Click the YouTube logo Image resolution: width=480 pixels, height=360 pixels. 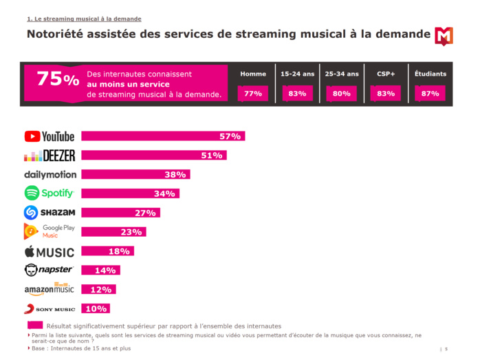coord(50,136)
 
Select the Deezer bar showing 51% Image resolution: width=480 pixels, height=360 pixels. coord(153,156)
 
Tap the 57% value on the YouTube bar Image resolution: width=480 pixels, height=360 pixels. coord(230,136)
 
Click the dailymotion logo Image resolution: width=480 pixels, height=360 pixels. coord(50,175)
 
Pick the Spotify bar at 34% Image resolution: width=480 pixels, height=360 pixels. coord(130,193)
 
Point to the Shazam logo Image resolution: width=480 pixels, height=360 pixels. coord(50,213)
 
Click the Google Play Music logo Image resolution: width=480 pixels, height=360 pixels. coord(50,231)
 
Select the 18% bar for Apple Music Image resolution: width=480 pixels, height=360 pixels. coord(107,251)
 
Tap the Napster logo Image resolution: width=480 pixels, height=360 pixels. coord(50,270)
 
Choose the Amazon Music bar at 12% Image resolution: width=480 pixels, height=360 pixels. coord(98,289)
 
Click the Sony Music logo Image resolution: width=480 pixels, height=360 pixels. coord(50,309)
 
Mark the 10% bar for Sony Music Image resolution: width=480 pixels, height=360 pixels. coord(96,308)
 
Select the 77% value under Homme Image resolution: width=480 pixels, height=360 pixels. coord(253,94)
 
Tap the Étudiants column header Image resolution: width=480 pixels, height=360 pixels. coord(430,74)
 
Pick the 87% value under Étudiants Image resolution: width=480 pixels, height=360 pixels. coord(430,94)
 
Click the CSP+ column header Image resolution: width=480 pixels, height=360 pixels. coord(386,74)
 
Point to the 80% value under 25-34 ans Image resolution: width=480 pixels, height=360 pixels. coord(342,94)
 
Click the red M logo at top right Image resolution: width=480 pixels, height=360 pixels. coord(444,36)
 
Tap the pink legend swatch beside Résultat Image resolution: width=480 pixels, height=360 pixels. coord(35,326)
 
